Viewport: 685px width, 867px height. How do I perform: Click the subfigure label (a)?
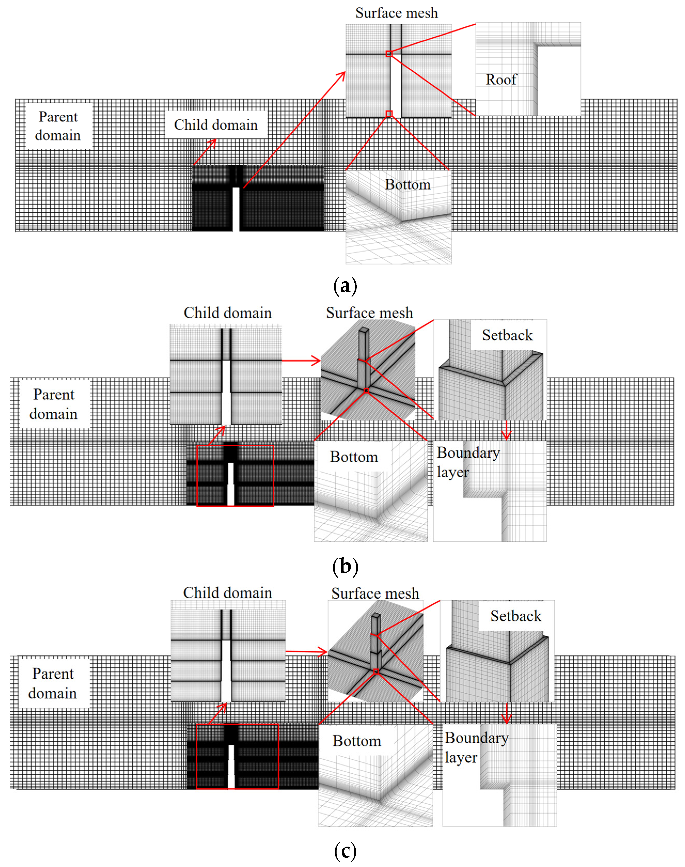pyautogui.click(x=345, y=286)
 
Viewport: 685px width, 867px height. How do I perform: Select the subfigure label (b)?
pyautogui.click(x=345, y=566)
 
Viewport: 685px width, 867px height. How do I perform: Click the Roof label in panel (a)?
pyautogui.click(x=501, y=80)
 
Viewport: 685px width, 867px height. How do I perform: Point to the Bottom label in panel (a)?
pyautogui.click(x=408, y=185)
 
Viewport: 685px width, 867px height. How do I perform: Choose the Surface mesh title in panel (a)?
pyautogui.click(x=396, y=13)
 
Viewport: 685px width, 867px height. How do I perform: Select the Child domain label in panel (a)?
pyautogui.click(x=216, y=125)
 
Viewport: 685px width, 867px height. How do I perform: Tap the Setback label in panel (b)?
pyautogui.click(x=507, y=335)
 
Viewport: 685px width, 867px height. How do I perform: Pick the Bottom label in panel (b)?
pyautogui.click(x=354, y=457)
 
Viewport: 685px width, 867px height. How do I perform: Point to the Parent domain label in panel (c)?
pyautogui.click(x=53, y=683)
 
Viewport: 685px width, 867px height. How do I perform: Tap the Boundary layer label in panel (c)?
pyautogui.click(x=476, y=747)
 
